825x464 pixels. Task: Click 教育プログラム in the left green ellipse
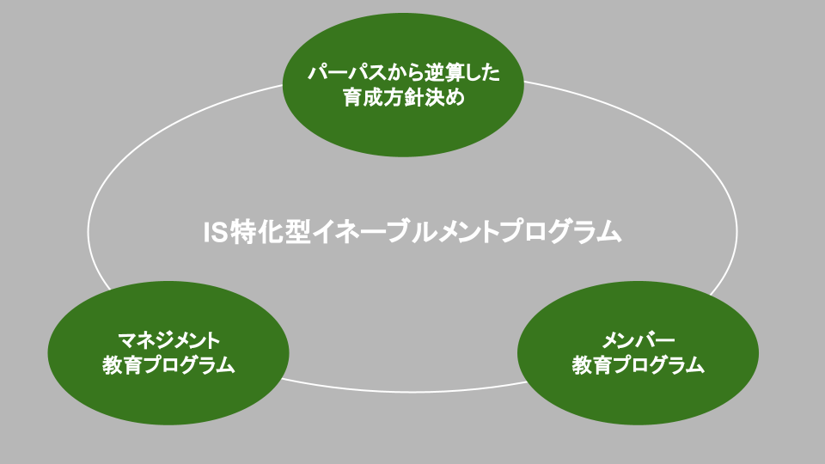click(168, 365)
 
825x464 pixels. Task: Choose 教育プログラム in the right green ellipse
click(639, 365)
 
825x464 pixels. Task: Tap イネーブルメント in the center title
click(408, 232)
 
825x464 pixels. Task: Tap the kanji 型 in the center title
click(295, 232)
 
